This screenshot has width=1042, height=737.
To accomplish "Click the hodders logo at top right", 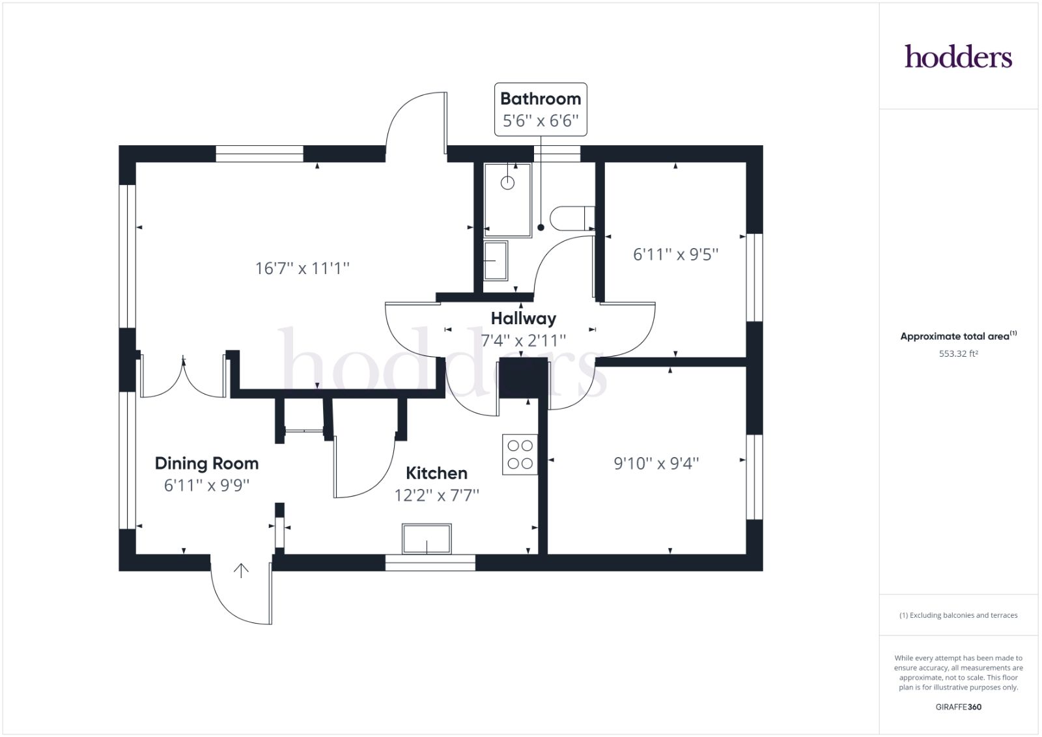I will pos(958,57).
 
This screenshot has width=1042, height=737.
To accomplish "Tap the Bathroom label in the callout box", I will pos(541,99).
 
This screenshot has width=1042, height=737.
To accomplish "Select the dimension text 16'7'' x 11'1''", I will pos(302,268).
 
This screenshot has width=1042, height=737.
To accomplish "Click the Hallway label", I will pos(524,318).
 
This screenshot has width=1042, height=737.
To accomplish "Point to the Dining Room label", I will pos(206,464).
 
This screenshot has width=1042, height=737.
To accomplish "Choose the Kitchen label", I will pos(436,473).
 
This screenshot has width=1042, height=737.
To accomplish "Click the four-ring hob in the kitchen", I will pos(520,454).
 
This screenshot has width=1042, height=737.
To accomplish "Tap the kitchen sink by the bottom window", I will pos(427,539).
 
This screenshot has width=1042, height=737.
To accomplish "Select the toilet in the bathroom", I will pos(570,218).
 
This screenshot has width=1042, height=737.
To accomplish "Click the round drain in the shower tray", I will pos(507,183).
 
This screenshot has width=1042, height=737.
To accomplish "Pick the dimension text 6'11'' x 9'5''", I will pos(676,255).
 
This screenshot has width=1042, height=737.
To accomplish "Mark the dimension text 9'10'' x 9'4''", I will pos(656,464).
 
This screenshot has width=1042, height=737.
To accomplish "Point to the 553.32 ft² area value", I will pos(958,354).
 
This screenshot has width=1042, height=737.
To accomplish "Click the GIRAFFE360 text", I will pos(958,707).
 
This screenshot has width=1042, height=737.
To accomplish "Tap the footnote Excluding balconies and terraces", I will pos(958,615).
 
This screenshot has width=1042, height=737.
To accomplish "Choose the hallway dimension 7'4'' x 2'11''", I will pos(524,341).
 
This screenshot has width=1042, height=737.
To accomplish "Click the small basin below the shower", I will pos(496,260).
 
